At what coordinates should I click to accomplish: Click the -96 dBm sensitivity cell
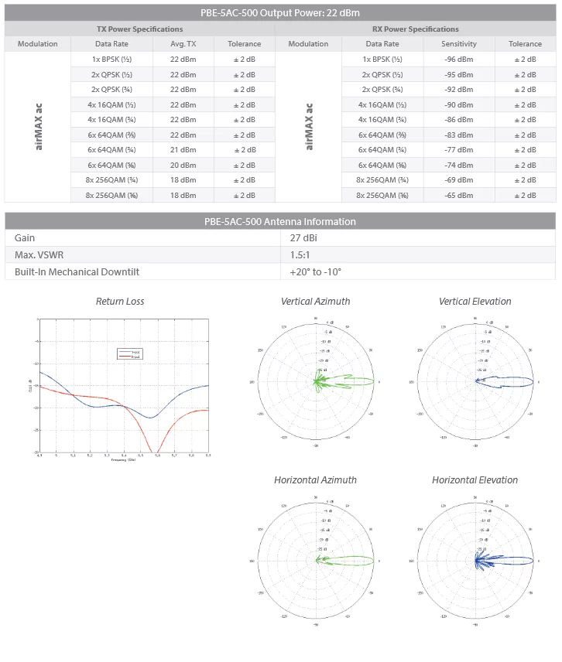[x=459, y=60]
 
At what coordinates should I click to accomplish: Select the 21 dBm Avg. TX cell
[x=183, y=150]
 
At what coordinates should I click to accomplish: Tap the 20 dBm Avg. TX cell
[x=183, y=165]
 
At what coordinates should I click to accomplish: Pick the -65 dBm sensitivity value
[x=459, y=195]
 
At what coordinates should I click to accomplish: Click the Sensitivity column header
[x=459, y=44]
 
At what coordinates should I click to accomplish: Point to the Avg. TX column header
[x=183, y=44]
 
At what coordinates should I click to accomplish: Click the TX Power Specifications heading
[x=139, y=29]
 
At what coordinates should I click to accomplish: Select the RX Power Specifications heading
[x=415, y=29]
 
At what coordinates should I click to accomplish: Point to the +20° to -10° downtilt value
[x=316, y=272]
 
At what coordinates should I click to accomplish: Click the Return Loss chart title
[x=120, y=302]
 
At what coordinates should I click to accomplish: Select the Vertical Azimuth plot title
[x=315, y=302]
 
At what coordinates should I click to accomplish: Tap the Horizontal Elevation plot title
[x=475, y=480]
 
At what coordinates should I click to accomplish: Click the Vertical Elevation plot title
[x=475, y=302]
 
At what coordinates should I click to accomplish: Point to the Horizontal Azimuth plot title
[x=315, y=480]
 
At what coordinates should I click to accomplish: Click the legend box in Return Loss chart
[x=129, y=354]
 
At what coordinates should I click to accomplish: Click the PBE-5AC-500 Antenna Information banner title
[x=280, y=222]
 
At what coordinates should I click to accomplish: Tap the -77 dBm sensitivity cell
[x=459, y=150]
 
